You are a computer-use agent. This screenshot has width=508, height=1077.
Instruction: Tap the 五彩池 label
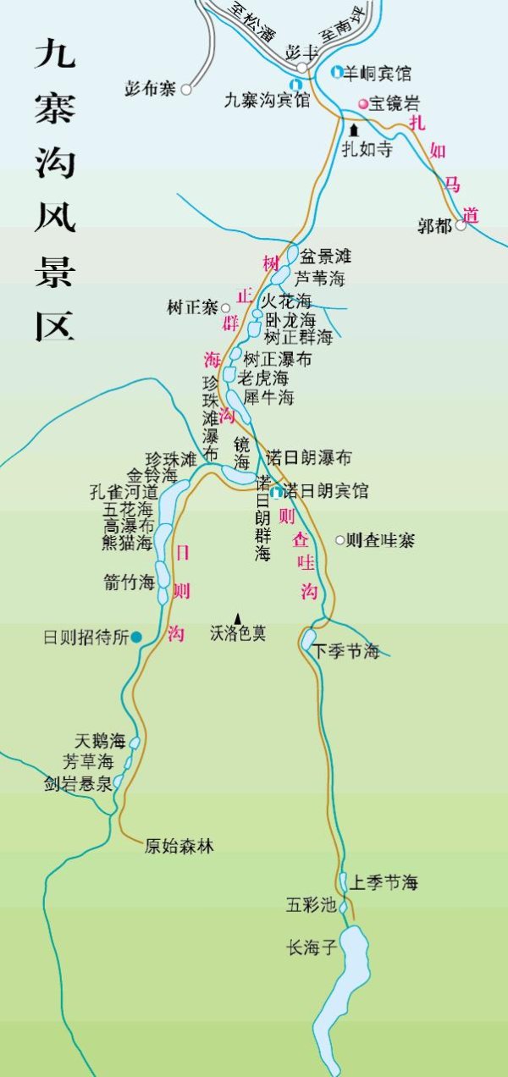point(311,905)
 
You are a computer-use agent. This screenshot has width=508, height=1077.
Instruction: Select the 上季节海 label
point(384,882)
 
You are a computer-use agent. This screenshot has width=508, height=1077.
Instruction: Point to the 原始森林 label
point(179,845)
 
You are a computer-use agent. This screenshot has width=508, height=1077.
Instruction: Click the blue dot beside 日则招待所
point(136,637)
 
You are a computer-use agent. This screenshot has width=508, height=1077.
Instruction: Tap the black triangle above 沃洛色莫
point(238,619)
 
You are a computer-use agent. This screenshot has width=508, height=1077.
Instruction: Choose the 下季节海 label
point(345,651)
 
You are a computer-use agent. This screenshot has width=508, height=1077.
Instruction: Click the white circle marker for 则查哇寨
point(340,539)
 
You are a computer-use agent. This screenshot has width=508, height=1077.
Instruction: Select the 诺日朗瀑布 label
point(308,458)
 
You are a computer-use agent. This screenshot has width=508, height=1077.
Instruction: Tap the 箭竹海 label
point(128,581)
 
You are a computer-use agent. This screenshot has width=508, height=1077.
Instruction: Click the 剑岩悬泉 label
point(79,784)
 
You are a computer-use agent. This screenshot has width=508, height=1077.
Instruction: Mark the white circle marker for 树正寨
point(226,308)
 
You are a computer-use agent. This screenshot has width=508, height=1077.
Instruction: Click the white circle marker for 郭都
point(461,226)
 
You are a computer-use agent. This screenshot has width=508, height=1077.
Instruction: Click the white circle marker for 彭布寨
point(186,88)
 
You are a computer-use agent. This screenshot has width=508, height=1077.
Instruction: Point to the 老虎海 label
point(263,378)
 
